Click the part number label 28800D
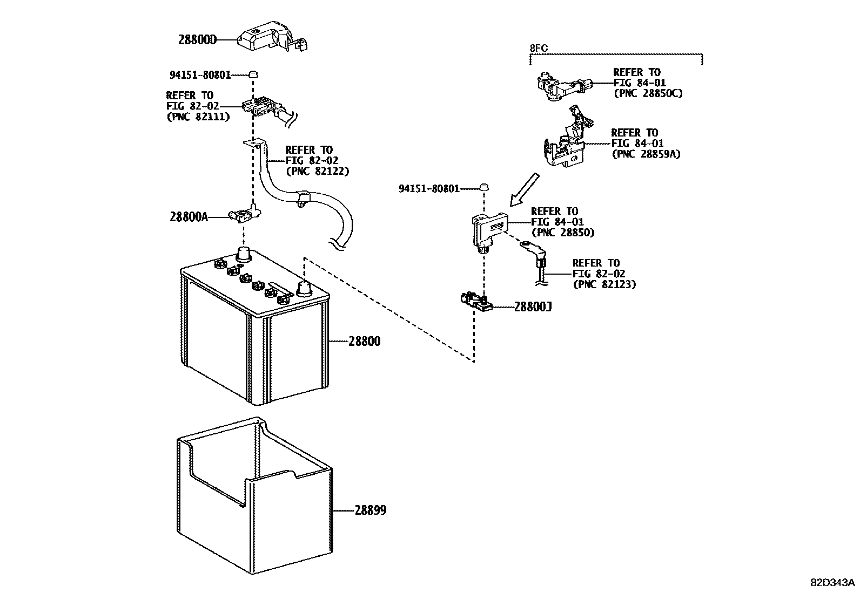coord(197,40)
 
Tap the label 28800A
coord(189,217)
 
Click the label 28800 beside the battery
coord(364,341)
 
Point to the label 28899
coord(371,510)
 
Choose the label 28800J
coord(533,307)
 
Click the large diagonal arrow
coord(525,189)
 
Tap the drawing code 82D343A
coord(832,583)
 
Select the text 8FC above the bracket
coord(538,49)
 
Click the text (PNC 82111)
coord(198,117)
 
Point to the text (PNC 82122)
coord(317,171)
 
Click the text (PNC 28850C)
coord(648,93)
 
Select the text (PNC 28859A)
coord(646,154)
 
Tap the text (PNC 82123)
coord(604,284)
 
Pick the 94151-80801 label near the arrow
coord(429,188)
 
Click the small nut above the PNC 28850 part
coord(485,187)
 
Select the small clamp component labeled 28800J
coord(475,301)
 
